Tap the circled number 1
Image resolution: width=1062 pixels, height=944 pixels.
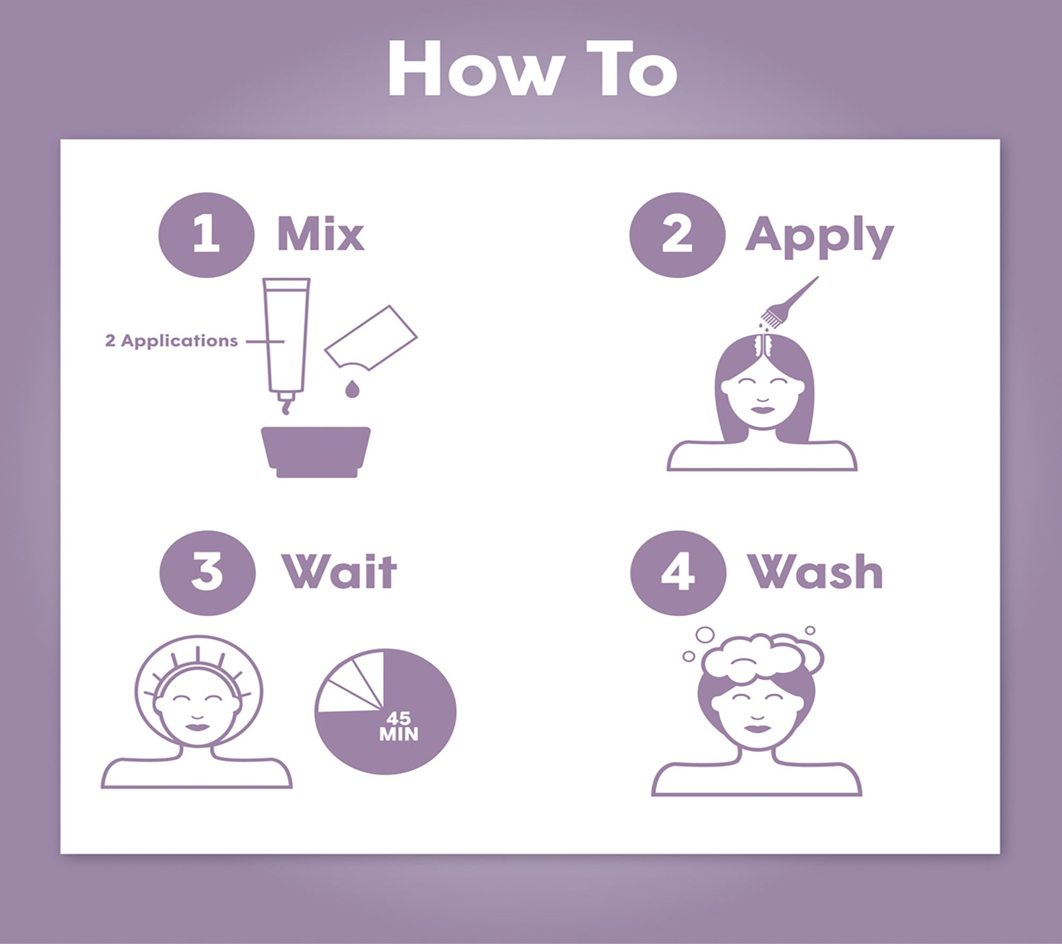point(206,235)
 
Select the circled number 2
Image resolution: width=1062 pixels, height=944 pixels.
point(677,235)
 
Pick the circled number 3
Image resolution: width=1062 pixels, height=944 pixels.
point(207,573)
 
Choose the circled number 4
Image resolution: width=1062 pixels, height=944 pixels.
point(678,573)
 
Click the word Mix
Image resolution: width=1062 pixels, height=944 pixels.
point(321,234)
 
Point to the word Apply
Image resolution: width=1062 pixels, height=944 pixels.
point(819,239)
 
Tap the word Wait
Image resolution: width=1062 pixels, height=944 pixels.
point(339,572)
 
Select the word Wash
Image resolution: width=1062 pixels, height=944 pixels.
point(816,572)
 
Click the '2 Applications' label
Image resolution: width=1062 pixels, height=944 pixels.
point(171,341)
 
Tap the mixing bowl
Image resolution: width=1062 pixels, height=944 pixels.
point(316,452)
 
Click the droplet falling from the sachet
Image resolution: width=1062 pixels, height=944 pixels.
point(351,388)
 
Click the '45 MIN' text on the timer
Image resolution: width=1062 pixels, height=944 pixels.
point(399,726)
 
